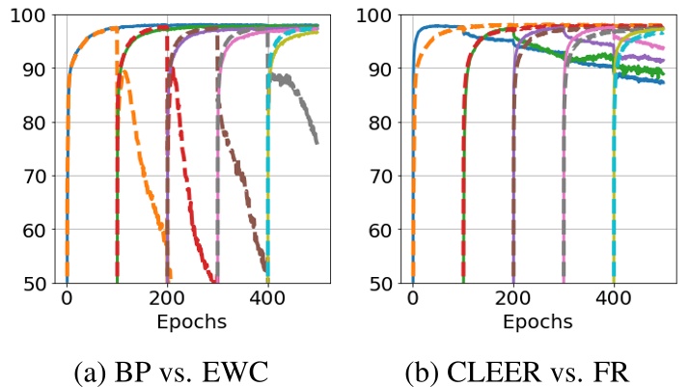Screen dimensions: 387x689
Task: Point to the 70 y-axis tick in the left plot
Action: (x=30, y=176)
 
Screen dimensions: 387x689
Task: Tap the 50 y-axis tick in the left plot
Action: (x=30, y=283)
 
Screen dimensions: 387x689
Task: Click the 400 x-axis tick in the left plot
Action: (x=267, y=298)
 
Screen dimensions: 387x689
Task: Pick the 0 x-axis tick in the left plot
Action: (x=67, y=298)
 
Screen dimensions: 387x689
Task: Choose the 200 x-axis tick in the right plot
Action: (x=513, y=298)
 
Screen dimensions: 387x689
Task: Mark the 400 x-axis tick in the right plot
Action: (x=614, y=298)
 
